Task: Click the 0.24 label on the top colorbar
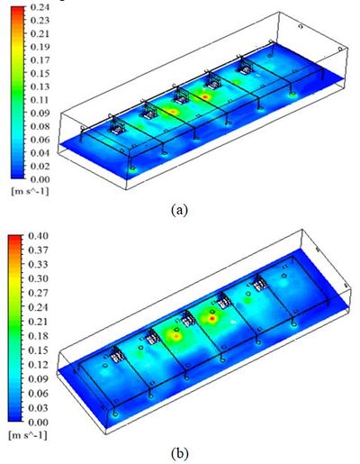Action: pyautogui.click(x=40, y=7)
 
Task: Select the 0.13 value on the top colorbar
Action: pyautogui.click(x=40, y=86)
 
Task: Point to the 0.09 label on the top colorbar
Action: pyautogui.click(x=40, y=114)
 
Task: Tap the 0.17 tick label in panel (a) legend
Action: pyautogui.click(x=40, y=60)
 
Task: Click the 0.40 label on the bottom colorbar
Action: pyautogui.click(x=38, y=236)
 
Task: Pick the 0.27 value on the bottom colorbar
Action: pyautogui.click(x=38, y=293)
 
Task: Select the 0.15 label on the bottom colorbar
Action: pyautogui.click(x=38, y=350)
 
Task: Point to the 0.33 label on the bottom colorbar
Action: pyautogui.click(x=38, y=265)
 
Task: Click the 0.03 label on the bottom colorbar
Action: pyautogui.click(x=38, y=408)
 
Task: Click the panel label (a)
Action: pyautogui.click(x=179, y=209)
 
